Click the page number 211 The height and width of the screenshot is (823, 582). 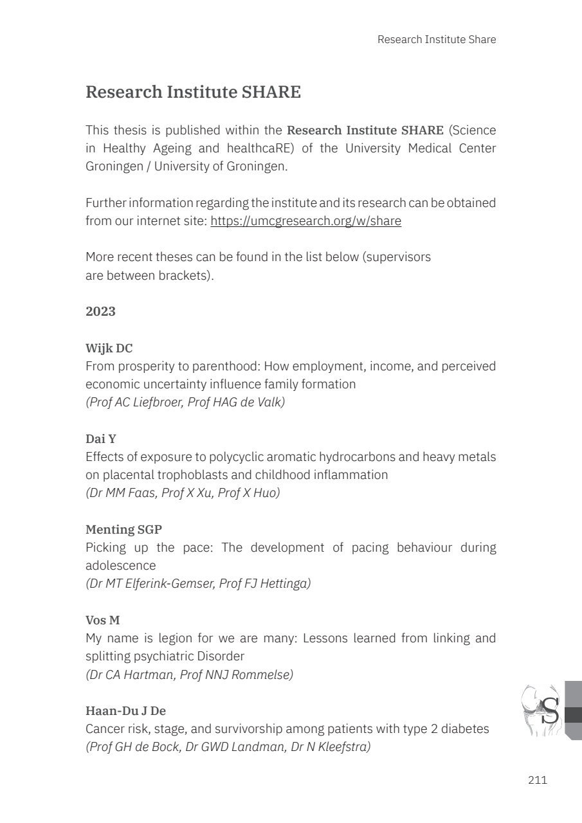(537, 780)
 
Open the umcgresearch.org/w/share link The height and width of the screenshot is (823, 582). (305, 221)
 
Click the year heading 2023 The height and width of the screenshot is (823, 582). (100, 311)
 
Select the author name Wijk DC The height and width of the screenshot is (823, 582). (109, 348)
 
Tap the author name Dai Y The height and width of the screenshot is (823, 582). (101, 439)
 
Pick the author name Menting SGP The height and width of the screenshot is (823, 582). (123, 530)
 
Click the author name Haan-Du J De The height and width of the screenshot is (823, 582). (125, 711)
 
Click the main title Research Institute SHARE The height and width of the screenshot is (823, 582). (193, 92)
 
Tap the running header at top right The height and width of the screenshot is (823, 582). (437, 39)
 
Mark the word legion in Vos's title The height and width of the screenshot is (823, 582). (168, 638)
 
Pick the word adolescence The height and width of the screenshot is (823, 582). (121, 566)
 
